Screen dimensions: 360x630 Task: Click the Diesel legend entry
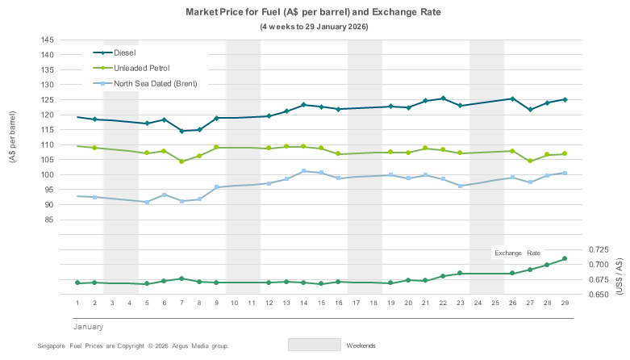125,52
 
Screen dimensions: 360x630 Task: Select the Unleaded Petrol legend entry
142,68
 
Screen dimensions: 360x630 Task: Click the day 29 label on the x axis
565,303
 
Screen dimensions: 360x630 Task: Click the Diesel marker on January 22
443,98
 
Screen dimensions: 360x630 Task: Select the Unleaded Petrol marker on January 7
181,161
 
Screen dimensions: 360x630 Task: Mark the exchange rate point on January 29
565,258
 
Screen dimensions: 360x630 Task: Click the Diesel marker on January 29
565,99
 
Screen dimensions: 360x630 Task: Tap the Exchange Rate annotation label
519,253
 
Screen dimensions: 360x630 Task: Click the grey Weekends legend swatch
314,345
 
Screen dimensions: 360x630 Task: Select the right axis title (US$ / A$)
619,273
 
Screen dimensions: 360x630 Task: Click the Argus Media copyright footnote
133,345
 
